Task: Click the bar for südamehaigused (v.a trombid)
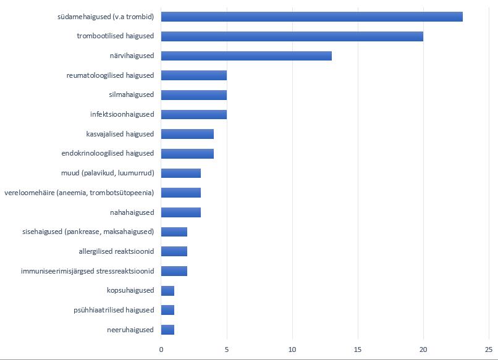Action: click(x=311, y=17)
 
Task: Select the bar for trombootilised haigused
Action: click(x=292, y=36)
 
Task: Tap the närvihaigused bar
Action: click(x=246, y=56)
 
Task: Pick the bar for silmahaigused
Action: click(x=193, y=95)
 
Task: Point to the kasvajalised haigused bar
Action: click(x=187, y=134)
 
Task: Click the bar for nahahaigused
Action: click(x=180, y=212)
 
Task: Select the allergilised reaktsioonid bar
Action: click(x=174, y=251)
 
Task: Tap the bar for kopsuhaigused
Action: click(x=167, y=290)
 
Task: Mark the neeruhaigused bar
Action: click(x=167, y=330)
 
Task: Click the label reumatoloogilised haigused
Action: click(x=110, y=75)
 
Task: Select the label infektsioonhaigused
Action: click(x=122, y=114)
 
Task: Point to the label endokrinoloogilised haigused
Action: click(x=108, y=153)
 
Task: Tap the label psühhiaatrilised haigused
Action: click(x=113, y=310)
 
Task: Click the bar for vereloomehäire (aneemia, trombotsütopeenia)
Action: click(x=180, y=193)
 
